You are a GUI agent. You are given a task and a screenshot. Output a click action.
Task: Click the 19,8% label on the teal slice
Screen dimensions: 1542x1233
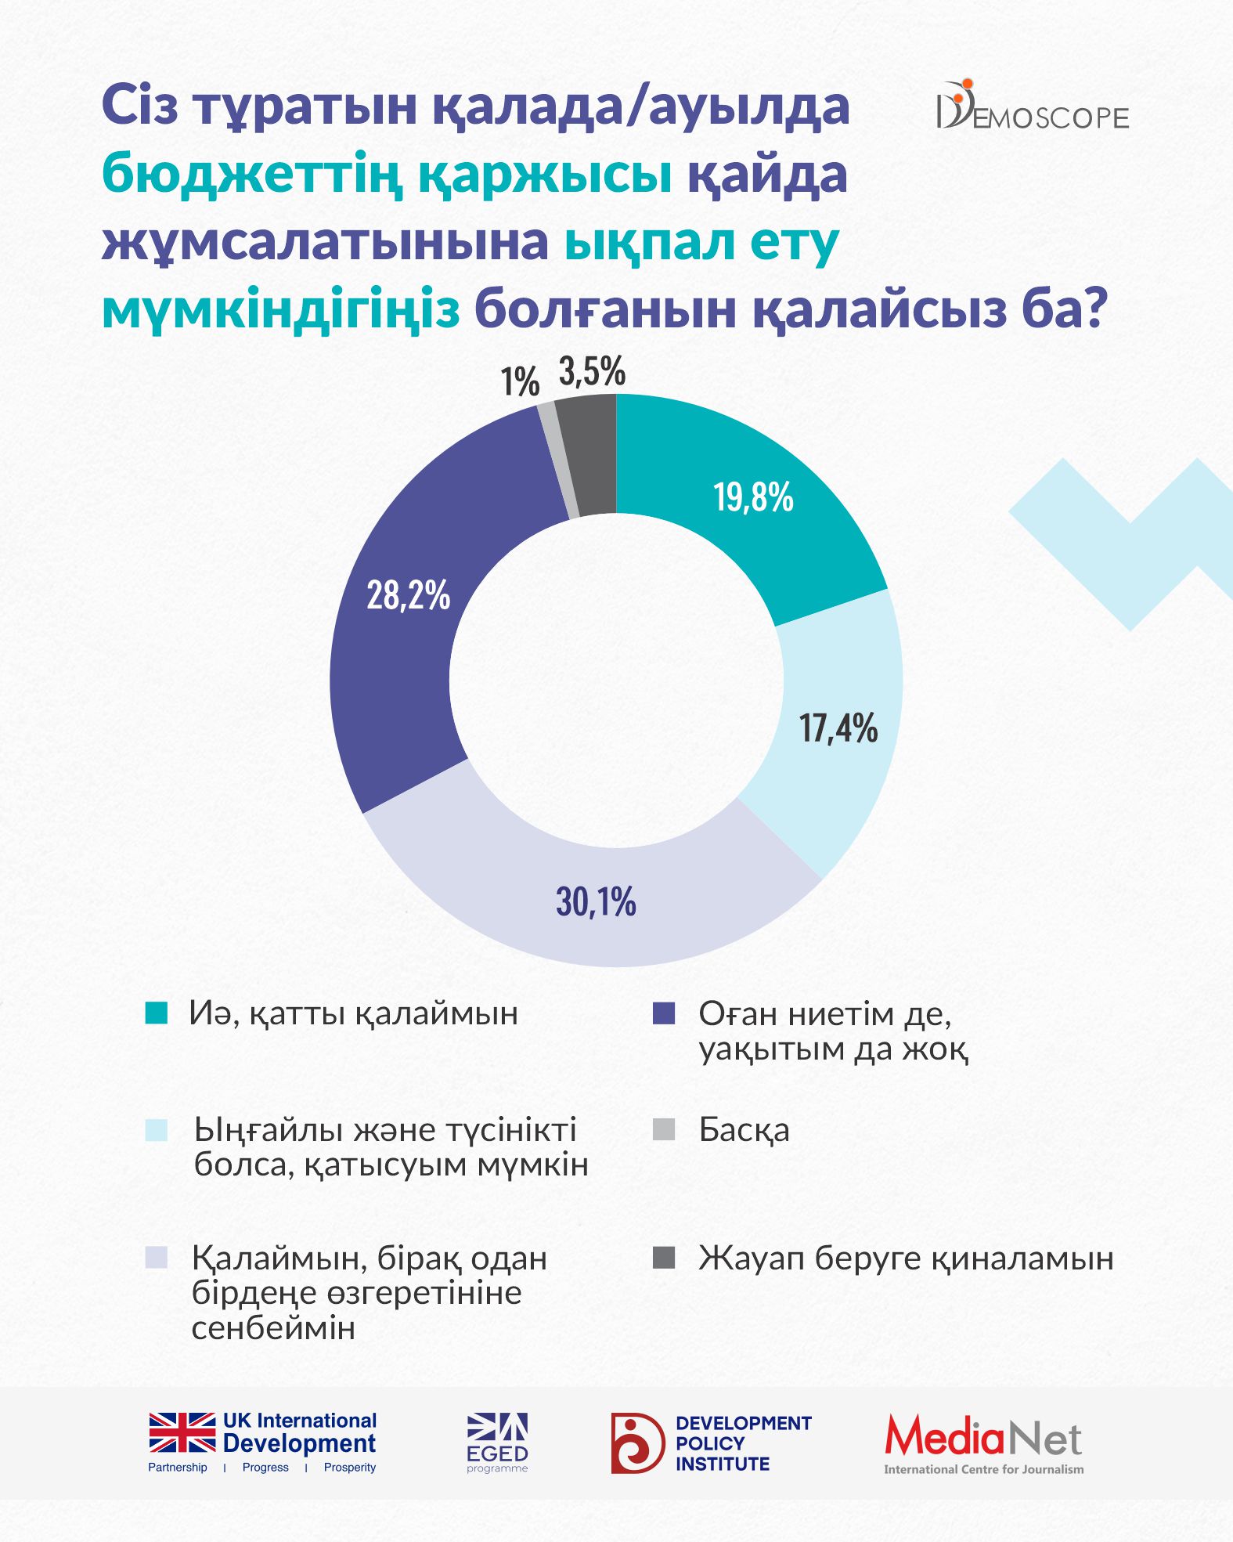(x=753, y=498)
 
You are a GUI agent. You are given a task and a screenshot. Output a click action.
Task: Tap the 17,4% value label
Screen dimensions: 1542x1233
(x=838, y=728)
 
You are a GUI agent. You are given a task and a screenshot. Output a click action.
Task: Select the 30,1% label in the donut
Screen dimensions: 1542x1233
(x=596, y=902)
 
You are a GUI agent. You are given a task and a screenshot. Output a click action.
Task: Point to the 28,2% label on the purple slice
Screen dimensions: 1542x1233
(x=408, y=596)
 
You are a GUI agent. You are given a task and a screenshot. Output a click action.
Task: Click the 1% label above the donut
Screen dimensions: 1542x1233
(x=520, y=383)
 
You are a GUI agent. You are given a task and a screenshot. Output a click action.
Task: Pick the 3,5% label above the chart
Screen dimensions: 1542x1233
(x=592, y=372)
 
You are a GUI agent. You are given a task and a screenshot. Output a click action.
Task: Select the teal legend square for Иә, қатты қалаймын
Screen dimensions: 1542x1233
(x=157, y=1013)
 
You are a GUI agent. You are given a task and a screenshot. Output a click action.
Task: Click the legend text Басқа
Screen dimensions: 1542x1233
(x=744, y=1130)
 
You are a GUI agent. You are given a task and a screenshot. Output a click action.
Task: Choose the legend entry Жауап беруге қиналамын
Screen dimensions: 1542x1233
(x=906, y=1259)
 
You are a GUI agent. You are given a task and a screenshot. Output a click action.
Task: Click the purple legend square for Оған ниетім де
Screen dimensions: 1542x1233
(x=664, y=1013)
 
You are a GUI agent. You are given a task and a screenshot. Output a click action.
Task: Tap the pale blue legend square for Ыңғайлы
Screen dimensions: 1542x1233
(x=157, y=1130)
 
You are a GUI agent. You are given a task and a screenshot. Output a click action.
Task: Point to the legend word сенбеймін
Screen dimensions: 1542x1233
(x=273, y=1328)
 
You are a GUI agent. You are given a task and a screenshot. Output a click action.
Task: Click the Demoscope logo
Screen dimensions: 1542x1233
(x=1033, y=107)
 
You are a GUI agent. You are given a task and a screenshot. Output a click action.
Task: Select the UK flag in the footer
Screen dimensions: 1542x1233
(x=182, y=1433)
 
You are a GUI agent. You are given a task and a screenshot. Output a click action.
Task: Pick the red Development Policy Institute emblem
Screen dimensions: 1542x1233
(x=637, y=1443)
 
